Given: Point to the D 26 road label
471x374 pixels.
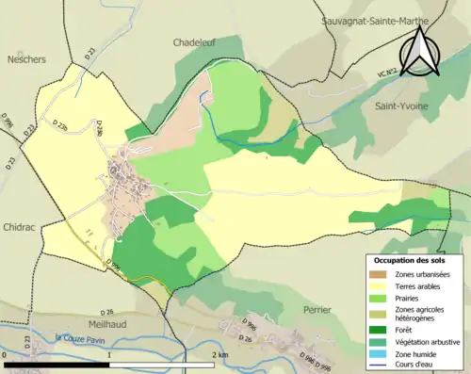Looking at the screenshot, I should coord(106,312).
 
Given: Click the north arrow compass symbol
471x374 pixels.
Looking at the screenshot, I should coord(418,51).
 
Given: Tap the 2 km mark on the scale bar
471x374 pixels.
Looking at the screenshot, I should coord(219,353).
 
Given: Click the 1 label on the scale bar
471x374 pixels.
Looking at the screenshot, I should coord(110,353).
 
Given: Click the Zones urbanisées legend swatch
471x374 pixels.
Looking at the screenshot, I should coord(382,274).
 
